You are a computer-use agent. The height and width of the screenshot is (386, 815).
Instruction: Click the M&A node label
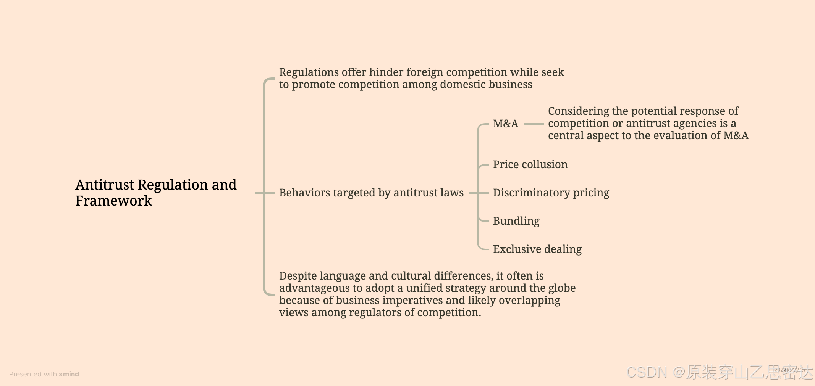pyautogui.click(x=505, y=124)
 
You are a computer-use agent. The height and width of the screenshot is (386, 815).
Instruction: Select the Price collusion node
pyautogui.click(x=530, y=164)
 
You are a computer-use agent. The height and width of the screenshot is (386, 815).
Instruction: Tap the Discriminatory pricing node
pyautogui.click(x=551, y=193)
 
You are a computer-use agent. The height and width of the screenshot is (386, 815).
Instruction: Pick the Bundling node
pyautogui.click(x=516, y=221)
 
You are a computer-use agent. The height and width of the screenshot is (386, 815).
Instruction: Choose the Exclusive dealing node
pyautogui.click(x=537, y=249)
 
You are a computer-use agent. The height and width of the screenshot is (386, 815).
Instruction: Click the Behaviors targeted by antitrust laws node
pyautogui.click(x=371, y=193)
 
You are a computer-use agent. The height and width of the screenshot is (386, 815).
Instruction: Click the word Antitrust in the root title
pyautogui.click(x=105, y=185)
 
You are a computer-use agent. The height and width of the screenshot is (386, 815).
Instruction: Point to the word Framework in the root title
pyautogui.click(x=113, y=201)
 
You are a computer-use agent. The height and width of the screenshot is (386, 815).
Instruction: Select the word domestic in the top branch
pyautogui.click(x=462, y=84)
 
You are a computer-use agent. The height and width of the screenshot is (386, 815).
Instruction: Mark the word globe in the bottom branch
pyautogui.click(x=562, y=288)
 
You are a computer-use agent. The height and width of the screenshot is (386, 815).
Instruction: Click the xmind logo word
pyautogui.click(x=69, y=374)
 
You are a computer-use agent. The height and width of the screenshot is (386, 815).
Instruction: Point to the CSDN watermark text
pyautogui.click(x=647, y=372)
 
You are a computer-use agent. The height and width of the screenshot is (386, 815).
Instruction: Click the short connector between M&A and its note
pyautogui.click(x=534, y=124)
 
